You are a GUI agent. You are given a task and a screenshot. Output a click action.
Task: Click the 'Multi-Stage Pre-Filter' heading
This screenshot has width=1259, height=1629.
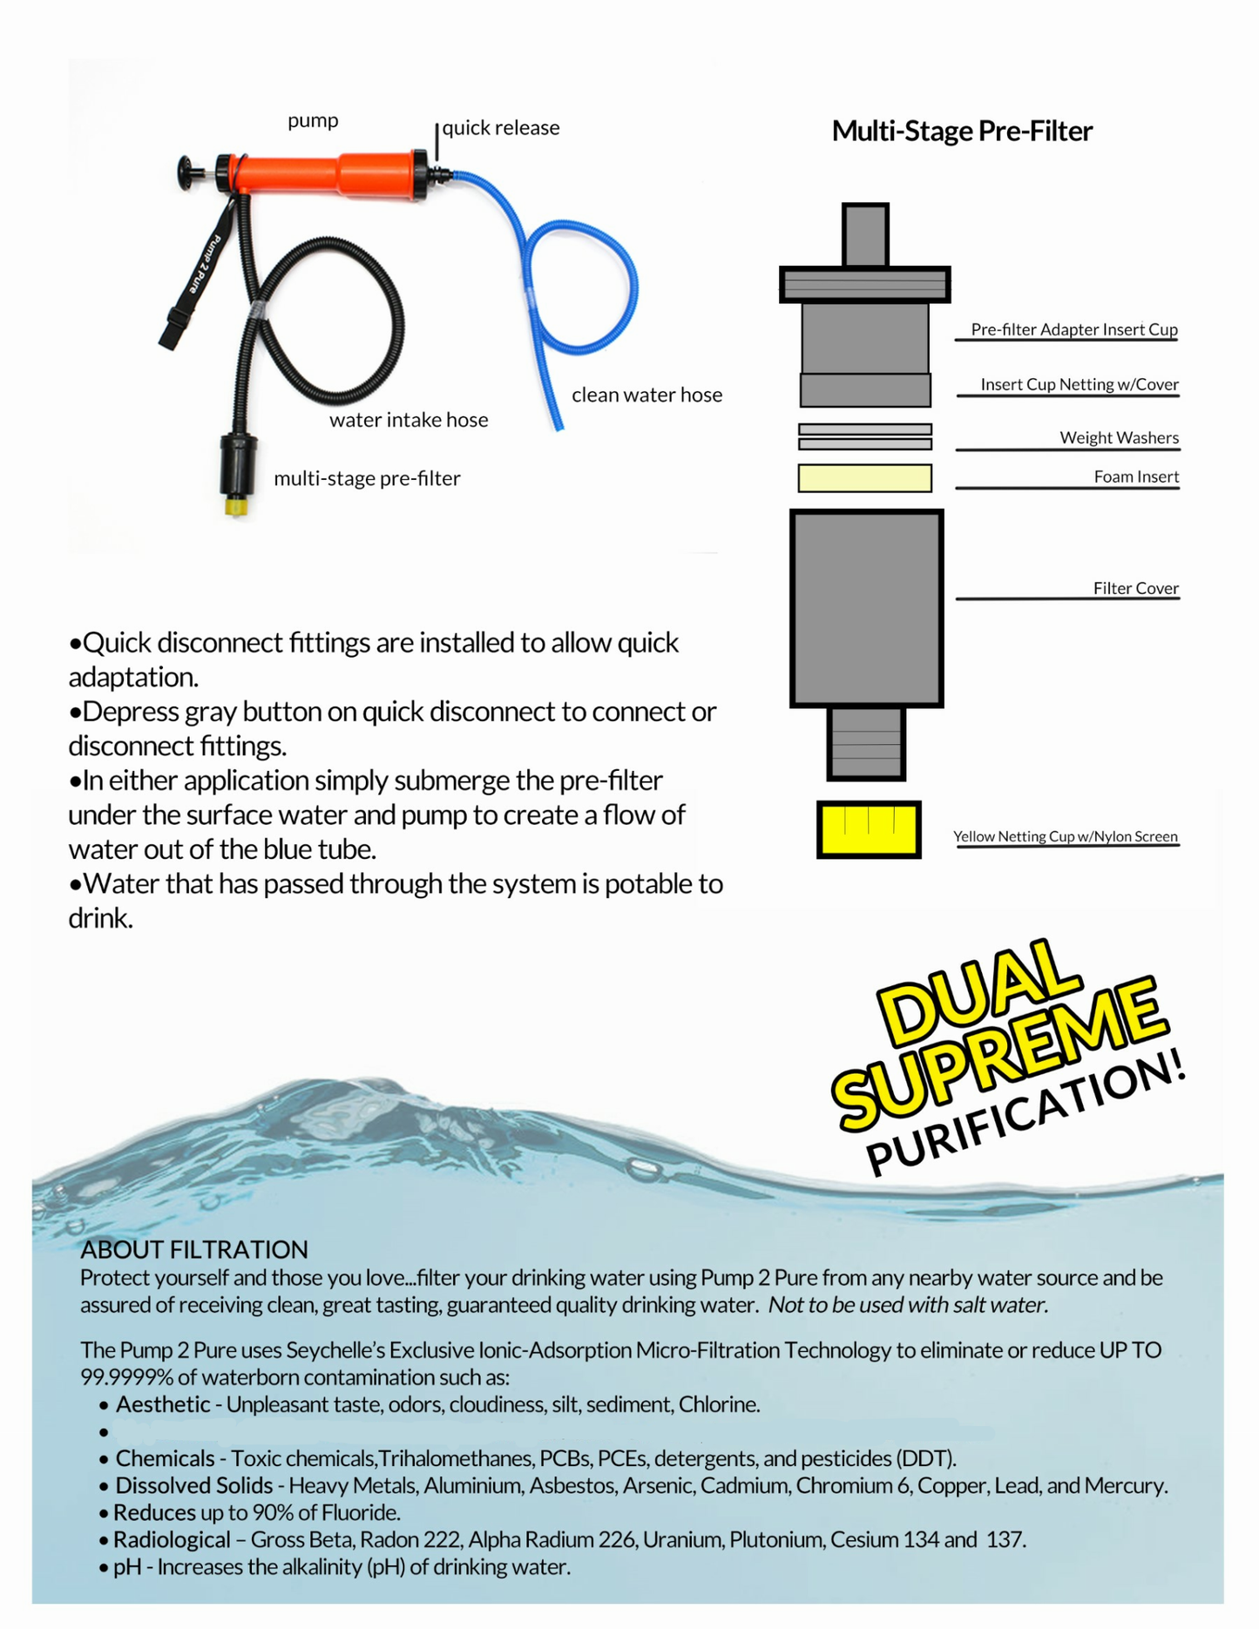pyautogui.click(x=961, y=131)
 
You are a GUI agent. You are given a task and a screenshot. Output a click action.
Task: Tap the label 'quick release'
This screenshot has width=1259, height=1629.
pyautogui.click(x=500, y=128)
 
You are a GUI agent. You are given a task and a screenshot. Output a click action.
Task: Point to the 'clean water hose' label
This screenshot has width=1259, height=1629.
pyautogui.click(x=646, y=395)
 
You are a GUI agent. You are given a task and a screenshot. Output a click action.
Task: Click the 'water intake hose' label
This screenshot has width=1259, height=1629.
pyautogui.click(x=409, y=420)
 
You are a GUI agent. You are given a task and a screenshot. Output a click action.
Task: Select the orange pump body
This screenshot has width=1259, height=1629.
pyautogui.click(x=331, y=174)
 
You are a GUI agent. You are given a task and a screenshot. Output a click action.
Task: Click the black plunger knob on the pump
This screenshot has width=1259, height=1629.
pyautogui.click(x=186, y=172)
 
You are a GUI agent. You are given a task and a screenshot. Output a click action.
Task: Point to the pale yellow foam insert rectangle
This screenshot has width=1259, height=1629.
pyautogui.click(x=864, y=478)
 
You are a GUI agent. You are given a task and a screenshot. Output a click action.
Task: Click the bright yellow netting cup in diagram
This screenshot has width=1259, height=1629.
pyautogui.click(x=869, y=829)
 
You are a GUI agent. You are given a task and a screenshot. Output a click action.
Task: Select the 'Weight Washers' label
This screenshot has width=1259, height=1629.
pyautogui.click(x=1119, y=437)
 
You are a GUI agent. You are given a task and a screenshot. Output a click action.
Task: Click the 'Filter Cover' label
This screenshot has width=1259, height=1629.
pyautogui.click(x=1135, y=588)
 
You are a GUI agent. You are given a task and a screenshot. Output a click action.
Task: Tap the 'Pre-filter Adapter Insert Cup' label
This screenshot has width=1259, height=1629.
pyautogui.click(x=1073, y=329)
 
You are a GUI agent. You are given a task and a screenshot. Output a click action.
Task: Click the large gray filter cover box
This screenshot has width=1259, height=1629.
pyautogui.click(x=866, y=607)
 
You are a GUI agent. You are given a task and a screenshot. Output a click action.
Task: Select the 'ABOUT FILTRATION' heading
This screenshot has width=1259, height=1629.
pyautogui.click(x=194, y=1249)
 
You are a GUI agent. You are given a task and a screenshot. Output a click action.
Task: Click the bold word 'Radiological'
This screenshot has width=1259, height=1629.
pyautogui.click(x=172, y=1539)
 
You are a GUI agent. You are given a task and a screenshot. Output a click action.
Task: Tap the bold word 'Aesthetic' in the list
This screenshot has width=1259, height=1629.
pyautogui.click(x=163, y=1404)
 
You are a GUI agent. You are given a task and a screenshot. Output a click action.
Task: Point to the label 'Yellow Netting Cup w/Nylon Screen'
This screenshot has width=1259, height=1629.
pyautogui.click(x=1065, y=836)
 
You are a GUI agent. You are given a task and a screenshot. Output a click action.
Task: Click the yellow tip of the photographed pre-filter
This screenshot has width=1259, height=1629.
pyautogui.click(x=235, y=506)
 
